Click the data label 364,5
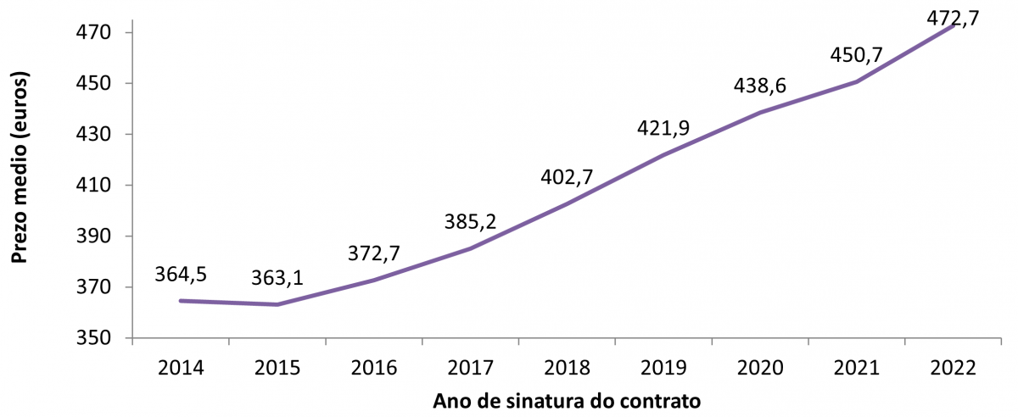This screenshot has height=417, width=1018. point(182,275)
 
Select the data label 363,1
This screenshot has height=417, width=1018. point(277,279)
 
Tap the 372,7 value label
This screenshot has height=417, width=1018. point(374,253)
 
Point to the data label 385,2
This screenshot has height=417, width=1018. point(470,223)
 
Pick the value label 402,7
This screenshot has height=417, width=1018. point(567,178)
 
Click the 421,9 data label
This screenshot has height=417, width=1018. point(663,128)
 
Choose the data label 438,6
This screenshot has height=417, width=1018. point(759,86)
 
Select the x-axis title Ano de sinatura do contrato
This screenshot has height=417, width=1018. point(567,401)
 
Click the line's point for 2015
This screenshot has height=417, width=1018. point(277,304)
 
